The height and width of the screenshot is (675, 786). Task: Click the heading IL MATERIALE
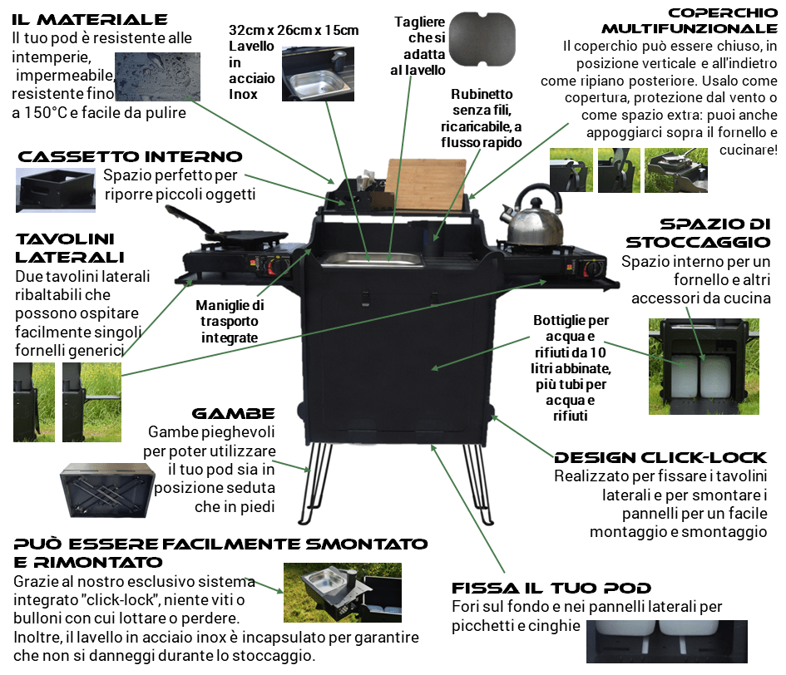click(90, 19)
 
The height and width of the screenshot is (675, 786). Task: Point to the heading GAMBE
click(233, 413)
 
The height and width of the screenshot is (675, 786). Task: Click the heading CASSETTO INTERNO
click(131, 156)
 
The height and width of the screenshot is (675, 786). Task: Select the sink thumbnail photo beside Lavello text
click(321, 73)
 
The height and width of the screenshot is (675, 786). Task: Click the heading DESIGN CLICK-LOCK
click(660, 458)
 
